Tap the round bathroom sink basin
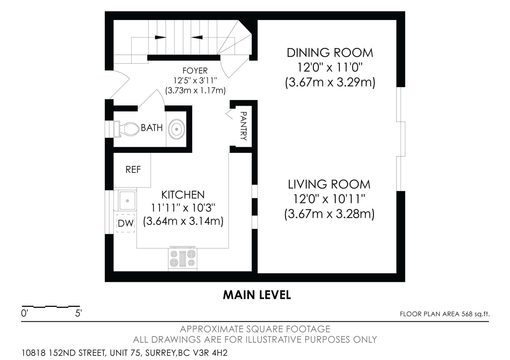coord(177,129)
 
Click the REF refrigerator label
coord(133,169)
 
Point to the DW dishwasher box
coord(126,223)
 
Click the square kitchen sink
coord(127,200)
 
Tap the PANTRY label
coord(244,126)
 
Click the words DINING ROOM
coord(330,53)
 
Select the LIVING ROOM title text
coord(329,184)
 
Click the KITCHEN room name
coord(183,195)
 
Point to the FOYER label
coord(195,71)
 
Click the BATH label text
coord(152,128)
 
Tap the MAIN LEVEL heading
coord(257,295)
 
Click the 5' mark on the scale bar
coord(78,313)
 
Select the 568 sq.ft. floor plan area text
coord(476,314)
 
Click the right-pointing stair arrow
coord(161,37)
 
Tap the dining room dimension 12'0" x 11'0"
coord(330,67)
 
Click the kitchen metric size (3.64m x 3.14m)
coord(183,221)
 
